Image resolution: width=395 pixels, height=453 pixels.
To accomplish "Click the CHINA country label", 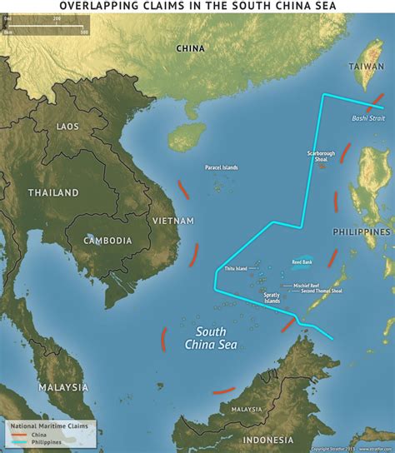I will pos(190,48).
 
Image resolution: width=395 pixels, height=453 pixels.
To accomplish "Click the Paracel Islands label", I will pos(221,167).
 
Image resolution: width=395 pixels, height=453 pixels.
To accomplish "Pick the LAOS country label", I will pos(67,126).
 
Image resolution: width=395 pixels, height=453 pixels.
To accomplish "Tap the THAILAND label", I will pos(53,192).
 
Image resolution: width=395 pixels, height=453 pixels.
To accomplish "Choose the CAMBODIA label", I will pos(107,241).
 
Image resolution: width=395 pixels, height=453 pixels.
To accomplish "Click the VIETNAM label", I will pos(173,221).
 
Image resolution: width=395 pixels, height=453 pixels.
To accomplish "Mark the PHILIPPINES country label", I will pos(362,231).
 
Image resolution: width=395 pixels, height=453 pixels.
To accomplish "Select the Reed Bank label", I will pos(302,262).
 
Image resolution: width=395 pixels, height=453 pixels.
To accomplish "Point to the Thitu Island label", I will pos(236,269).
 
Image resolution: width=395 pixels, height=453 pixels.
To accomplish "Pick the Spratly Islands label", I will pos(272,297).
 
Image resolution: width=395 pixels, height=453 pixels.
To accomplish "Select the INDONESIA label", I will pos(267,440).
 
